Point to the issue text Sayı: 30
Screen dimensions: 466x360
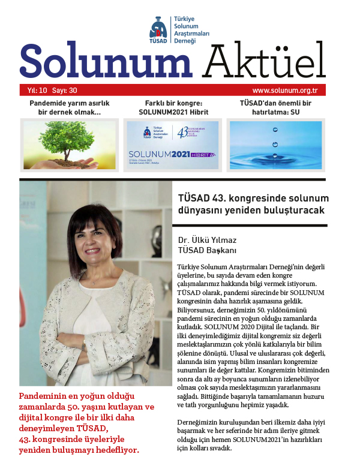pos(64,91)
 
